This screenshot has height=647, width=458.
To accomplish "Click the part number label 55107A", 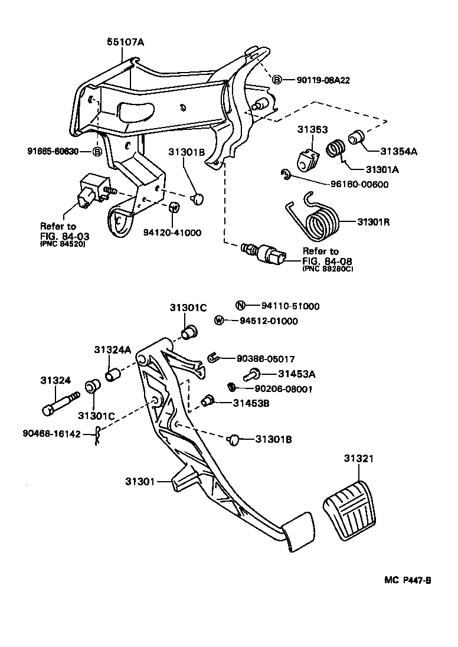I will tap(125, 42).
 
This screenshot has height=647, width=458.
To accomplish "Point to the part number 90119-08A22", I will tap(319, 80).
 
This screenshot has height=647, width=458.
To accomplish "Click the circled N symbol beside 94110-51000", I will tap(240, 306).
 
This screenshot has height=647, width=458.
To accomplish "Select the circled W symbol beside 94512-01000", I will tap(219, 321).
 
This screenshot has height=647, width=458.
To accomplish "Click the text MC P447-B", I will tap(408, 580).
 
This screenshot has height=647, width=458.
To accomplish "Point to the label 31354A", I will tap(399, 151).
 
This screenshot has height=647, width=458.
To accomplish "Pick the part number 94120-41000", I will tap(172, 233).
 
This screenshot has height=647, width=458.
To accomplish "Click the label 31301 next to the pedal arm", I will tap(139, 482).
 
